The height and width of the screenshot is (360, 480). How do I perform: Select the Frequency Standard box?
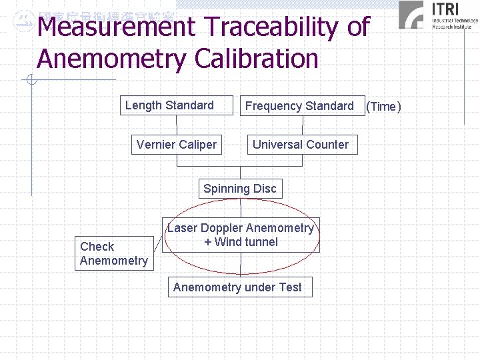(x=299, y=106)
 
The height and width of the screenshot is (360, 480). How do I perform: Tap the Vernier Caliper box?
(x=176, y=145)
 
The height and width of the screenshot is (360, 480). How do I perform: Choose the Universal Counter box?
(x=300, y=145)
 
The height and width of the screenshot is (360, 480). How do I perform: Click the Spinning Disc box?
(x=239, y=189)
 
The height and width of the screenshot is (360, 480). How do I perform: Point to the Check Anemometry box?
(x=113, y=253)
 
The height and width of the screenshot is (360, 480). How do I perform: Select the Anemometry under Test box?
(x=237, y=287)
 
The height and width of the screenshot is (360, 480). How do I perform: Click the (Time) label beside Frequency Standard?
(x=383, y=107)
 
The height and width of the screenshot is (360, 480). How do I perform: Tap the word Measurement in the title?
(x=117, y=28)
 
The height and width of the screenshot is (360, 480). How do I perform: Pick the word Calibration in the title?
(x=256, y=59)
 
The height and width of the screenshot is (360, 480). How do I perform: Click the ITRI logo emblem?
(x=411, y=15)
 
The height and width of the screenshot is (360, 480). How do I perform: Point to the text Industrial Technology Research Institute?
(x=455, y=24)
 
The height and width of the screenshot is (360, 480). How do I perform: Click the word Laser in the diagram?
(x=182, y=228)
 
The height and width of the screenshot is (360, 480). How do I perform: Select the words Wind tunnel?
(x=246, y=242)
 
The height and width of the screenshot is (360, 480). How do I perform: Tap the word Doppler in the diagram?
(x=222, y=228)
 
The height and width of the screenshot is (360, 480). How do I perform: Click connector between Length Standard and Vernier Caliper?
(x=177, y=125)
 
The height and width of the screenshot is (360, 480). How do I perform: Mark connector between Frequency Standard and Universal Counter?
(x=300, y=125)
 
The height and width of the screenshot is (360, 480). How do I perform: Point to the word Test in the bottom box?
(x=291, y=287)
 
